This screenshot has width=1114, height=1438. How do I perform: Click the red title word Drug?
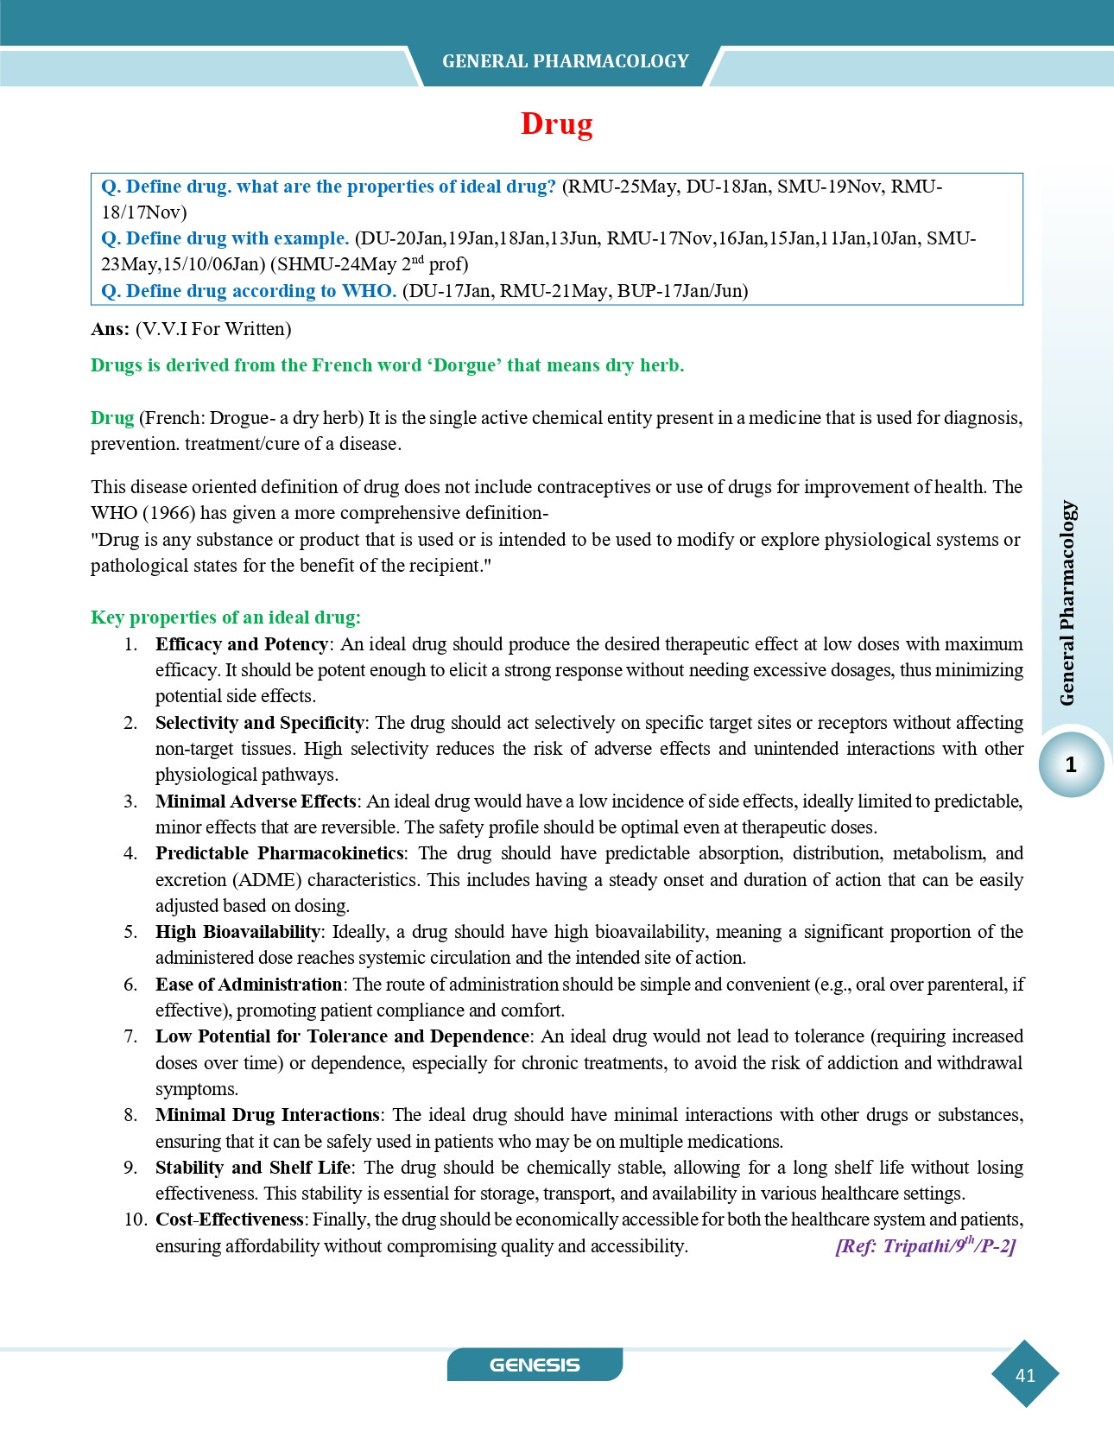[x=556, y=124]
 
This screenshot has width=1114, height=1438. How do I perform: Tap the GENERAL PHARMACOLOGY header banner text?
[x=565, y=61]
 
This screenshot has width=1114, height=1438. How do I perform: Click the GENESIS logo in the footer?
[x=535, y=1365]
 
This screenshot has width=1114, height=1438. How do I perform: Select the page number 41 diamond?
[x=1025, y=1375]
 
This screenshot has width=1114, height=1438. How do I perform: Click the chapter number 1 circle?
[x=1071, y=764]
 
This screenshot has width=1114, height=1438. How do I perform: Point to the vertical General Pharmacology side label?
[x=1068, y=602]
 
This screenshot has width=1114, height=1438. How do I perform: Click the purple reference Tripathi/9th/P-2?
[x=925, y=1246]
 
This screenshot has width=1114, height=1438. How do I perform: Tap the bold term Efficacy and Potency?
[x=241, y=644]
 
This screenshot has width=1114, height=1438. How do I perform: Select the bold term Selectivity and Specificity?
[x=260, y=723]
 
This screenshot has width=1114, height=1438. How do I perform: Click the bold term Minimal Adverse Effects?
[x=256, y=801]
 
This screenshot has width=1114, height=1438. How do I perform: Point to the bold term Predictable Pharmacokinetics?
[x=279, y=853]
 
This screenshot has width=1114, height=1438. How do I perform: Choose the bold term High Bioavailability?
[x=237, y=932]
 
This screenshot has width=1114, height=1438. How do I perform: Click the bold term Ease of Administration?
[x=249, y=985]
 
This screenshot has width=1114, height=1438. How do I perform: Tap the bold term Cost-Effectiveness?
[x=230, y=1219]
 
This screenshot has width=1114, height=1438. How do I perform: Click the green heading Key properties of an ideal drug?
[x=225, y=618]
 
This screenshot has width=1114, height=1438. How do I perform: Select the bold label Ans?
[x=110, y=329]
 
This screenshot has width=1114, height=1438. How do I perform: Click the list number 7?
[x=130, y=1036]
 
